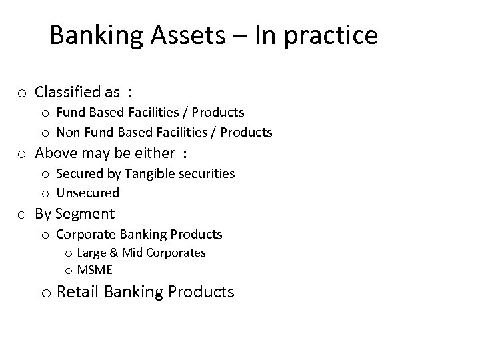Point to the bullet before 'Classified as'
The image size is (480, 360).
(22, 93)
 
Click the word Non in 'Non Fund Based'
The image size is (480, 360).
(68, 132)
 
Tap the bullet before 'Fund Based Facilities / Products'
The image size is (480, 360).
(45, 113)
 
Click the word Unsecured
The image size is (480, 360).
(88, 193)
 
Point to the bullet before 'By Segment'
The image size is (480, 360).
(22, 215)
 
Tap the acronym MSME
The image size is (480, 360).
(95, 270)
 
